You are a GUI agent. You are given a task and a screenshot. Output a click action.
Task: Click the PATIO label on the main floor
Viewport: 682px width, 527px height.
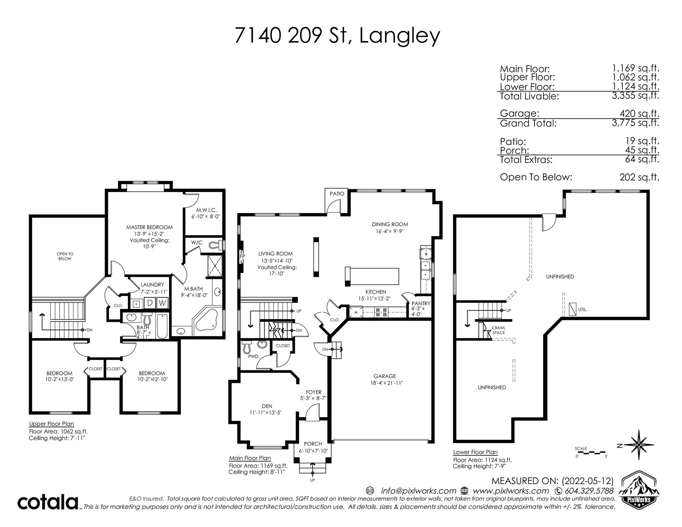click(x=337, y=194)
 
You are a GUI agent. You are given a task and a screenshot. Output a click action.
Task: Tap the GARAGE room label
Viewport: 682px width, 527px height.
click(x=384, y=376)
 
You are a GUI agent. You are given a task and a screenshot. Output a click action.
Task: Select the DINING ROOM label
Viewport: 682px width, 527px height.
click(x=390, y=224)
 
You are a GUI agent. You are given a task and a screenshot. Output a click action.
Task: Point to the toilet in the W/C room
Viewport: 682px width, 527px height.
click(x=216, y=244)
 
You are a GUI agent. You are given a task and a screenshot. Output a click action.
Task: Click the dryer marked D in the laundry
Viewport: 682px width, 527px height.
click(x=150, y=303)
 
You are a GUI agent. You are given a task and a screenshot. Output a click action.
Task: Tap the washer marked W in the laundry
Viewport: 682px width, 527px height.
click(x=162, y=303)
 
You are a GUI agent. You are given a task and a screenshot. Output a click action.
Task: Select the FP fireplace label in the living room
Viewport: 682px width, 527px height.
click(x=243, y=256)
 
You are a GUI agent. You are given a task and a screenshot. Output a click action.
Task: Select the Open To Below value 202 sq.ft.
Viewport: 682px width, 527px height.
click(x=639, y=177)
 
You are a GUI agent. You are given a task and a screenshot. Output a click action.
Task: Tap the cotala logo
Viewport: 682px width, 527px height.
click(x=48, y=502)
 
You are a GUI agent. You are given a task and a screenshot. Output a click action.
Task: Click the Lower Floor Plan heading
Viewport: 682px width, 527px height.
click(x=475, y=452)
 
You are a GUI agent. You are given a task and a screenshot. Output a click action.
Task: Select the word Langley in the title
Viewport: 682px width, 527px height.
click(x=399, y=37)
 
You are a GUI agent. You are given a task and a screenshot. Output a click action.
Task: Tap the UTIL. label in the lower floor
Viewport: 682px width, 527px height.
click(x=583, y=310)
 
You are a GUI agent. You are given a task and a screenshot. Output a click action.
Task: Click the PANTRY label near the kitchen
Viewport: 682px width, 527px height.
click(x=421, y=303)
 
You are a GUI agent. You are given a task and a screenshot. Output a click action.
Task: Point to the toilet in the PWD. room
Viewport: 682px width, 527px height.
click(x=247, y=347)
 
